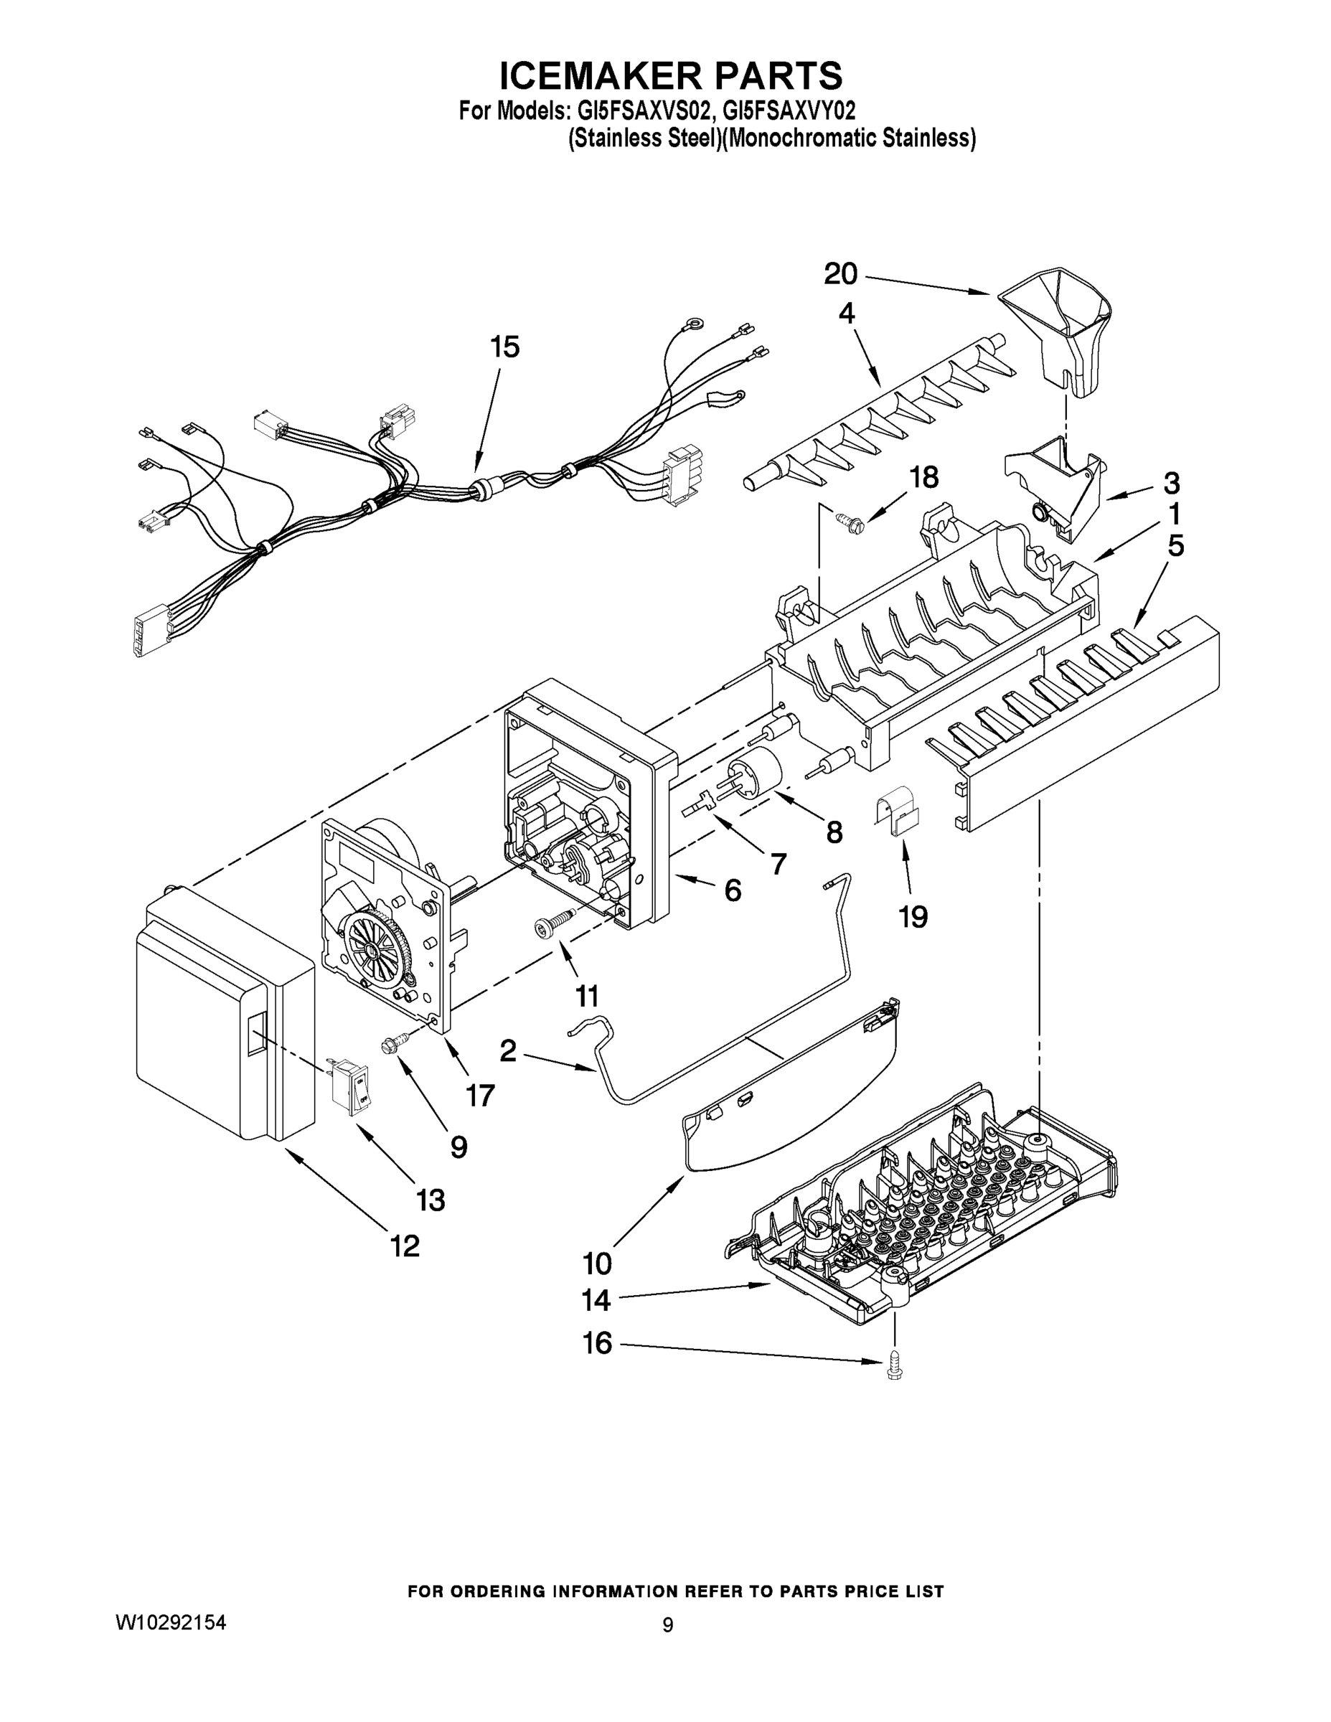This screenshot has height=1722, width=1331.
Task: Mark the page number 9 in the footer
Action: tap(667, 1625)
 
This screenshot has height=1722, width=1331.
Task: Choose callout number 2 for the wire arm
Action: tap(509, 1050)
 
